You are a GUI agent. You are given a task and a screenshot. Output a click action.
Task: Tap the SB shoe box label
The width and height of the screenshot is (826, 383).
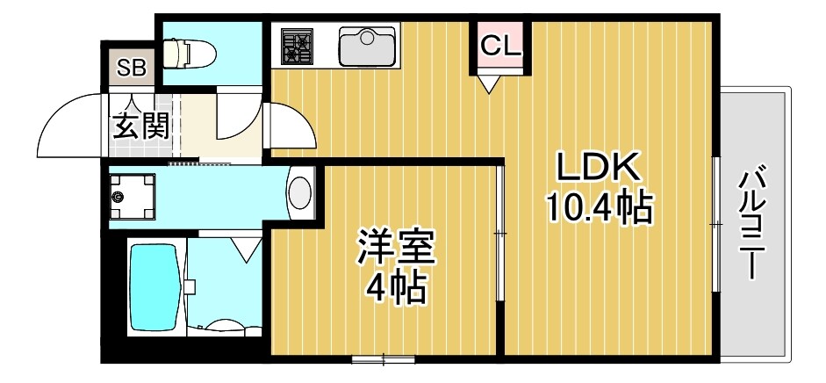pyautogui.click(x=133, y=67)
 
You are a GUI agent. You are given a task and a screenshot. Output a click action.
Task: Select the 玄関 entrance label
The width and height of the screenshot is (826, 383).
pyautogui.click(x=140, y=128)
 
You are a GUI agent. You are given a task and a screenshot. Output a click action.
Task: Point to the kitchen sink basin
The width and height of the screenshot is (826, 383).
pyautogui.click(x=368, y=46)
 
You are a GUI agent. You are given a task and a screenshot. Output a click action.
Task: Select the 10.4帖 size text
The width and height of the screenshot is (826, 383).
pyautogui.click(x=599, y=208)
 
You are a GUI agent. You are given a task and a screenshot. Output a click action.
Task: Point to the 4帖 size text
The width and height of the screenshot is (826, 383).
pyautogui.click(x=395, y=287)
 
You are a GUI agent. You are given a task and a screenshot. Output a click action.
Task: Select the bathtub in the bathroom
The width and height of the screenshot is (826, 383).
pyautogui.click(x=154, y=286)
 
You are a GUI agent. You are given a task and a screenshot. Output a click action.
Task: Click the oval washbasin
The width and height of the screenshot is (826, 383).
pyautogui.click(x=300, y=193)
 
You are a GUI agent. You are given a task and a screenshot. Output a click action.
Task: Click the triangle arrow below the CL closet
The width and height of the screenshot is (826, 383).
pyautogui.click(x=488, y=83)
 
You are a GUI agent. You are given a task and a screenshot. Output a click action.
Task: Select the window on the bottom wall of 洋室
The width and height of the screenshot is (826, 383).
pyautogui.click(x=383, y=358)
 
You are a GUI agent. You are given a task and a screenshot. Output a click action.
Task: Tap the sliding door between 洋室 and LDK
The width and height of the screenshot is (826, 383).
pyautogui.click(x=499, y=233)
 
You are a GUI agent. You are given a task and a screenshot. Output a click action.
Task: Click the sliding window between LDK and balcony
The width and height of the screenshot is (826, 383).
pyautogui.click(x=716, y=224)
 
